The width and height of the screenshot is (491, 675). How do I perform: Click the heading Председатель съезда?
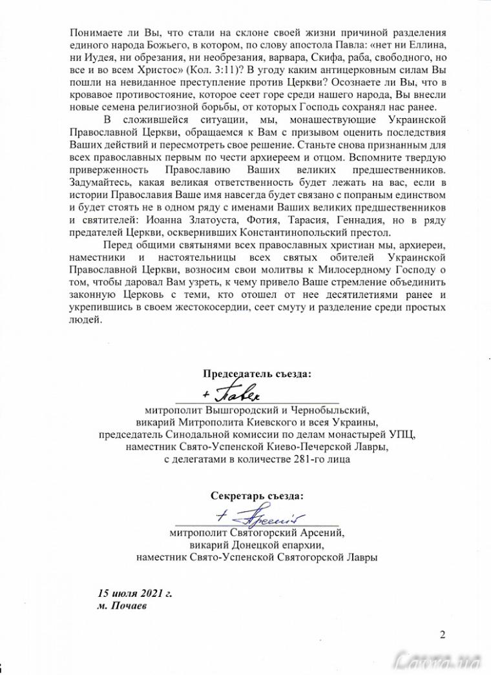click(x=257, y=374)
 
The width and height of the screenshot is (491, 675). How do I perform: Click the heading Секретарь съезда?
click(x=256, y=496)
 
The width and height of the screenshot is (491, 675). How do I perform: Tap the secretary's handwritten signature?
click(x=258, y=516)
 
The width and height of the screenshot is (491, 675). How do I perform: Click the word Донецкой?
click(x=252, y=545)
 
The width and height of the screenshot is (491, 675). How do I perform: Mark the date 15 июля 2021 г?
click(x=134, y=593)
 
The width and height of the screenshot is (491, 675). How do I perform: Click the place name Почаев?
click(x=127, y=605)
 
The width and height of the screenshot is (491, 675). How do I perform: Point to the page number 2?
click(x=443, y=635)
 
